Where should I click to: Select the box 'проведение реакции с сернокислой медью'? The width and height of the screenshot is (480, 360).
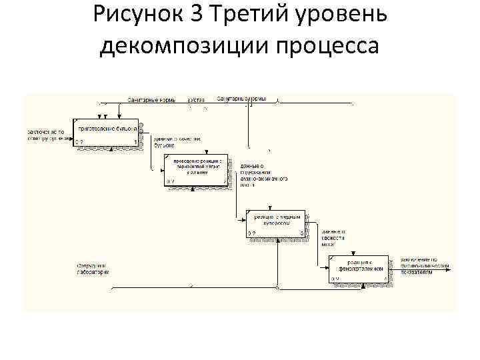(x=197, y=170)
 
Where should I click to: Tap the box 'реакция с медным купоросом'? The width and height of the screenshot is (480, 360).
(x=277, y=225)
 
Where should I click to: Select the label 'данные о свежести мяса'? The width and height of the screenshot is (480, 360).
(x=333, y=238)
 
